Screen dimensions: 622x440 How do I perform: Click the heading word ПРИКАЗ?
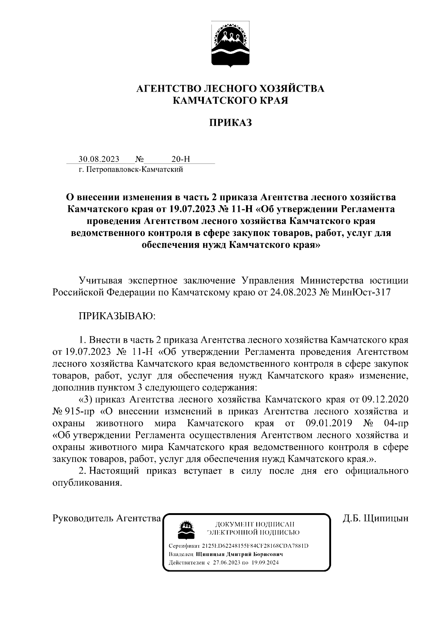(230, 122)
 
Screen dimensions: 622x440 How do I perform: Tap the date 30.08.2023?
(99, 159)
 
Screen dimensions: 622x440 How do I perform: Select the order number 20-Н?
(181, 159)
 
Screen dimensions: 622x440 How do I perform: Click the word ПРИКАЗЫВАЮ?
(117, 316)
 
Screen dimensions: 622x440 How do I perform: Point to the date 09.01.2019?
(329, 423)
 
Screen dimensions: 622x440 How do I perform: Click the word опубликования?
(87, 483)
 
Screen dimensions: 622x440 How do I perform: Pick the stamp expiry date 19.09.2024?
(265, 563)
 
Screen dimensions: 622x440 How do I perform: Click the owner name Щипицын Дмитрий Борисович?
(239, 554)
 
